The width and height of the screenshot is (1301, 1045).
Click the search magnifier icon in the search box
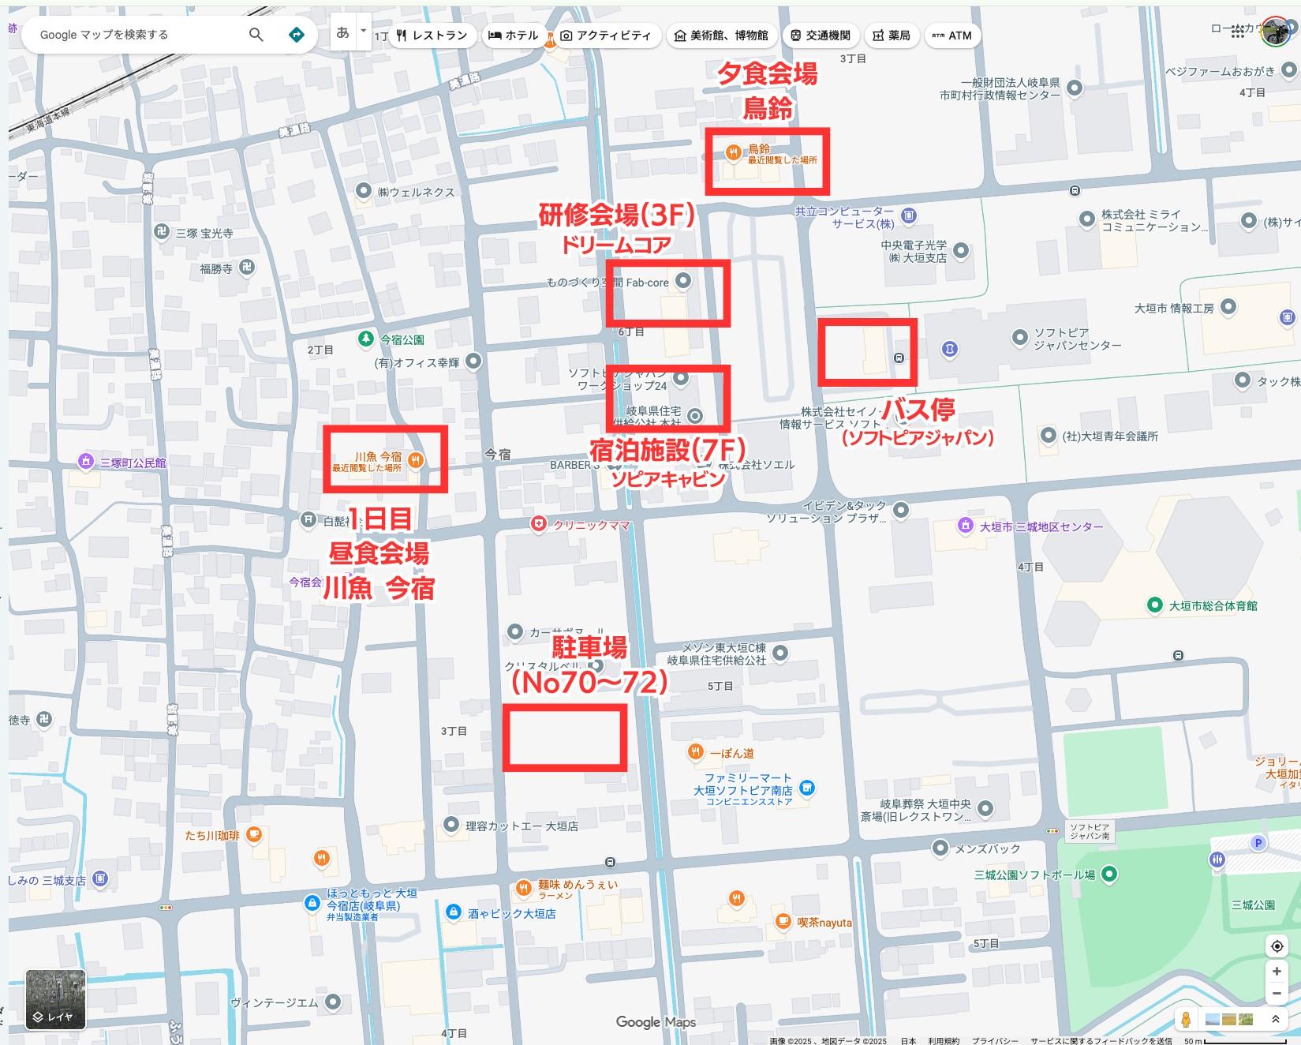point(256,35)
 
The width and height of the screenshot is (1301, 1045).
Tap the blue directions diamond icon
point(297,35)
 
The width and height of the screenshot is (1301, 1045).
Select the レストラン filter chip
point(432,36)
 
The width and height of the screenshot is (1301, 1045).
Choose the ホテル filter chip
point(514,36)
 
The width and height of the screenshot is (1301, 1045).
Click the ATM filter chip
point(952,36)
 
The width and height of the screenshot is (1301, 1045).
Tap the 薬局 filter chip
point(892,36)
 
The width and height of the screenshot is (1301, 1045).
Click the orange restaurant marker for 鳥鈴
point(733,152)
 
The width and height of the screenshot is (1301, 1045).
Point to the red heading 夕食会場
point(766,74)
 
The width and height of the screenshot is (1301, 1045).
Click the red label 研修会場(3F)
point(616,215)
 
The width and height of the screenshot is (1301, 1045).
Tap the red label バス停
point(918,410)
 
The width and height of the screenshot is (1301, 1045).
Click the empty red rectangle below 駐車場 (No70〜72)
point(565,738)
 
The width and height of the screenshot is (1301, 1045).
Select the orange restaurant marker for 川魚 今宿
point(416,460)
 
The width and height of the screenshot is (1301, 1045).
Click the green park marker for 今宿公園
point(365,339)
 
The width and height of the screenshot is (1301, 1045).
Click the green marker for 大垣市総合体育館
point(1155,605)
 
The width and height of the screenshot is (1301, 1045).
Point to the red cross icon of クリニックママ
point(538,524)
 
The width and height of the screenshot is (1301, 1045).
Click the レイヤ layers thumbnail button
point(55,999)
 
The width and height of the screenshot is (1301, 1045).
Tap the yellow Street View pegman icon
point(1185,1019)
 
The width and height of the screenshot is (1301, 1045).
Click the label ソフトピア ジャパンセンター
point(1077,339)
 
